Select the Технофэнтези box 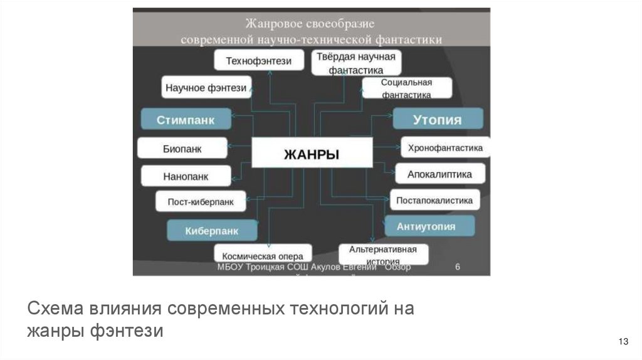pos(258,60)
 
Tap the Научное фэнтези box pos(206,88)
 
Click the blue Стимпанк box pos(186,119)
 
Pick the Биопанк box pos(181,149)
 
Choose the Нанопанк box pos(185,176)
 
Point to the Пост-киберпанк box pos(201,202)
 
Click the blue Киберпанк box pos(212,230)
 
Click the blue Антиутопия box pos(429,226)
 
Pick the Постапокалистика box pos(434,200)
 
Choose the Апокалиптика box pos(439,174)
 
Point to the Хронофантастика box pos(445,148)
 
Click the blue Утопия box pos(438,119)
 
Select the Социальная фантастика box pos(406,88)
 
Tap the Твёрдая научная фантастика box pos(355,63)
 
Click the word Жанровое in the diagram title pos(271,24)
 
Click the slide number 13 pos(623,342)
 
